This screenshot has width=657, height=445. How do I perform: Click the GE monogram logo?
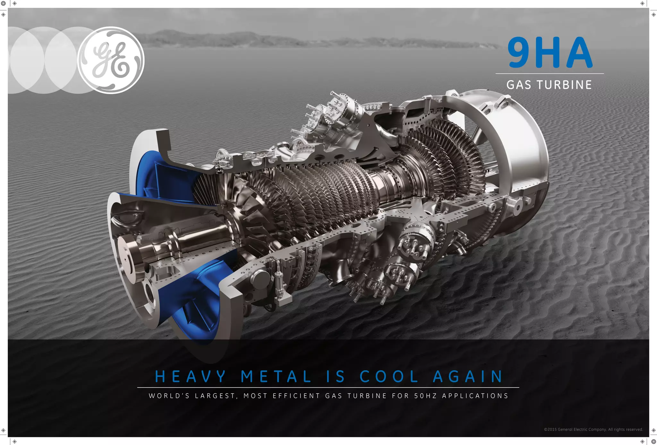(111, 60)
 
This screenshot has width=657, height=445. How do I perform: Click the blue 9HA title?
(550, 52)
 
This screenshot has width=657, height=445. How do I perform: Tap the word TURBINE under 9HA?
(564, 85)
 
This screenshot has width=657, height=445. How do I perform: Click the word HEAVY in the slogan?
(191, 376)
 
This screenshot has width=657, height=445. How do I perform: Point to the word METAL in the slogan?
(276, 376)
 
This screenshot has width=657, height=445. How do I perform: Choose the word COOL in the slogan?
(389, 376)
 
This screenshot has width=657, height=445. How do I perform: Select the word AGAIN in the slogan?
(468, 376)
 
